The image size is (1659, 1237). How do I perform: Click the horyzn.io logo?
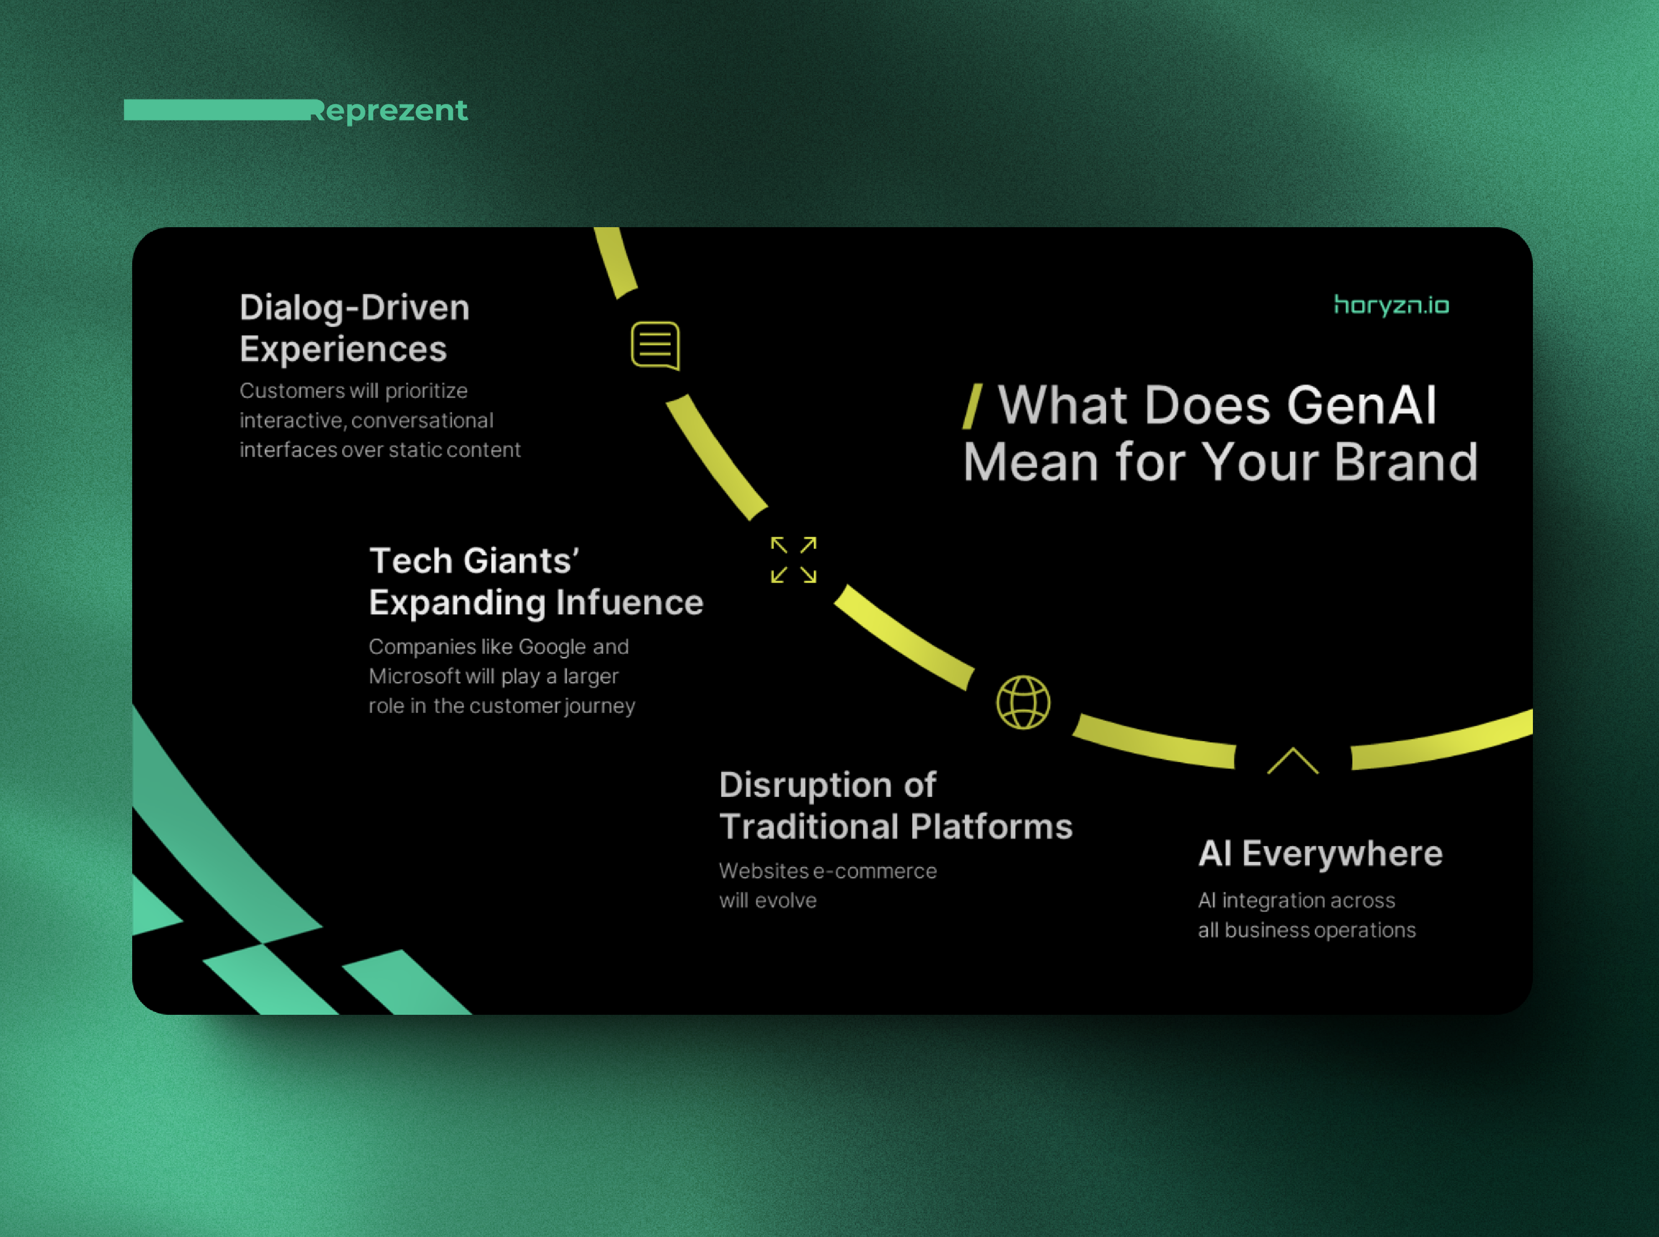(x=1391, y=306)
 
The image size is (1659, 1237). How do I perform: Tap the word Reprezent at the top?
(x=389, y=111)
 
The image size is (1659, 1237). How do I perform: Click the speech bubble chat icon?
(x=655, y=346)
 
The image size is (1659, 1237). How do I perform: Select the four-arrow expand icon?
(x=793, y=559)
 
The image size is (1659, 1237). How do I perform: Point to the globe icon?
(x=1023, y=703)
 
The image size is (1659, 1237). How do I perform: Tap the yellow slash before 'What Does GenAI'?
(x=972, y=407)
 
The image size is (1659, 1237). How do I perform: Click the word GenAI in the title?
(x=1361, y=405)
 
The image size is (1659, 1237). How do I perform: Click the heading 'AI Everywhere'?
(x=1319, y=853)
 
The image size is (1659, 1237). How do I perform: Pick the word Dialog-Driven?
(x=354, y=308)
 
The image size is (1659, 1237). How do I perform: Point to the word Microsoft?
(x=414, y=676)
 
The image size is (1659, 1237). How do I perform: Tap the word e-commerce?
(x=875, y=871)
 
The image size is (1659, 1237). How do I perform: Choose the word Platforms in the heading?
(x=992, y=827)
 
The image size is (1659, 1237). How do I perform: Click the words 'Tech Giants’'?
(x=474, y=561)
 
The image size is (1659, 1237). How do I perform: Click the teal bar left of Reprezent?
(x=217, y=110)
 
